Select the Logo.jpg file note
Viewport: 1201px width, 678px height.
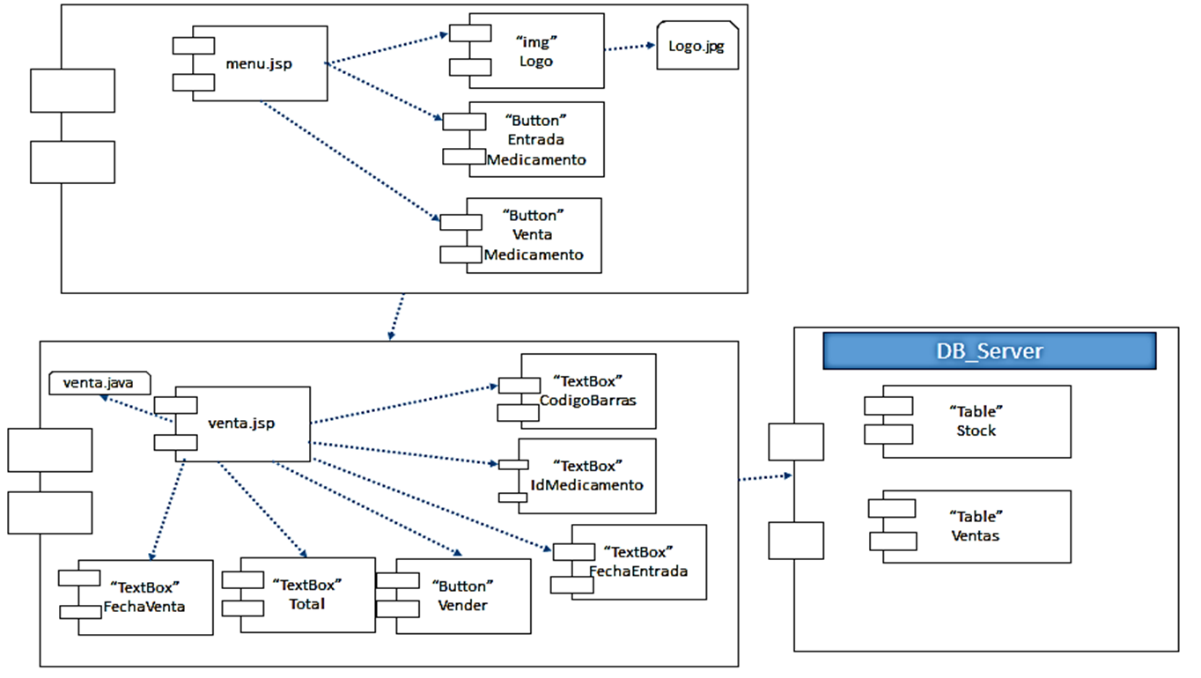tap(696, 47)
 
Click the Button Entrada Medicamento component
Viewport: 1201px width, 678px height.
tap(535, 139)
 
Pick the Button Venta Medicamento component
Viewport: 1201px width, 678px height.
tap(533, 235)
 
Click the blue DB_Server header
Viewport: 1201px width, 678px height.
tap(989, 351)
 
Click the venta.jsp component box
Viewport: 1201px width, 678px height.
tap(241, 424)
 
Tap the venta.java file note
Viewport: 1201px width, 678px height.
tap(99, 383)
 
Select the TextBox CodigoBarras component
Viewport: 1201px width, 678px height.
tap(587, 390)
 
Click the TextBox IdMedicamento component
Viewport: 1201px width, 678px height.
tap(587, 475)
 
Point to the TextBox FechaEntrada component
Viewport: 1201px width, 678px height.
tap(637, 562)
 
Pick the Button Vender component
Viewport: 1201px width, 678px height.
tap(462, 595)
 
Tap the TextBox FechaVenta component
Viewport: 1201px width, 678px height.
tap(144, 596)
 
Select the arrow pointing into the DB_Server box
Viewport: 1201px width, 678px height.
tap(765, 478)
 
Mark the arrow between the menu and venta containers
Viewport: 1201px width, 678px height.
tap(396, 316)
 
